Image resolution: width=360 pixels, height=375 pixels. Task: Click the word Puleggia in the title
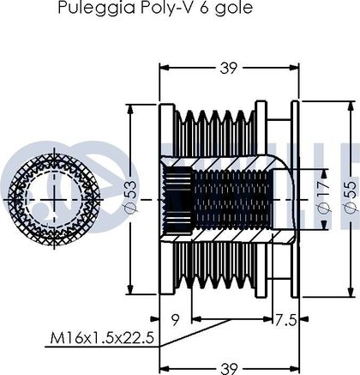click(x=97, y=8)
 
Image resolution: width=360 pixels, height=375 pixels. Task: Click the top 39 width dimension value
click(x=229, y=68)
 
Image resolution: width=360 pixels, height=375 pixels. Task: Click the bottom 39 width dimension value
click(x=229, y=368)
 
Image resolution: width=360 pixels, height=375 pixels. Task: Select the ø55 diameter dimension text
click(x=351, y=197)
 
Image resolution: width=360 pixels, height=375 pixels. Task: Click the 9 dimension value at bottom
click(x=176, y=320)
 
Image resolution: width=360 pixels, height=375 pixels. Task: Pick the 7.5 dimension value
click(x=285, y=320)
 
